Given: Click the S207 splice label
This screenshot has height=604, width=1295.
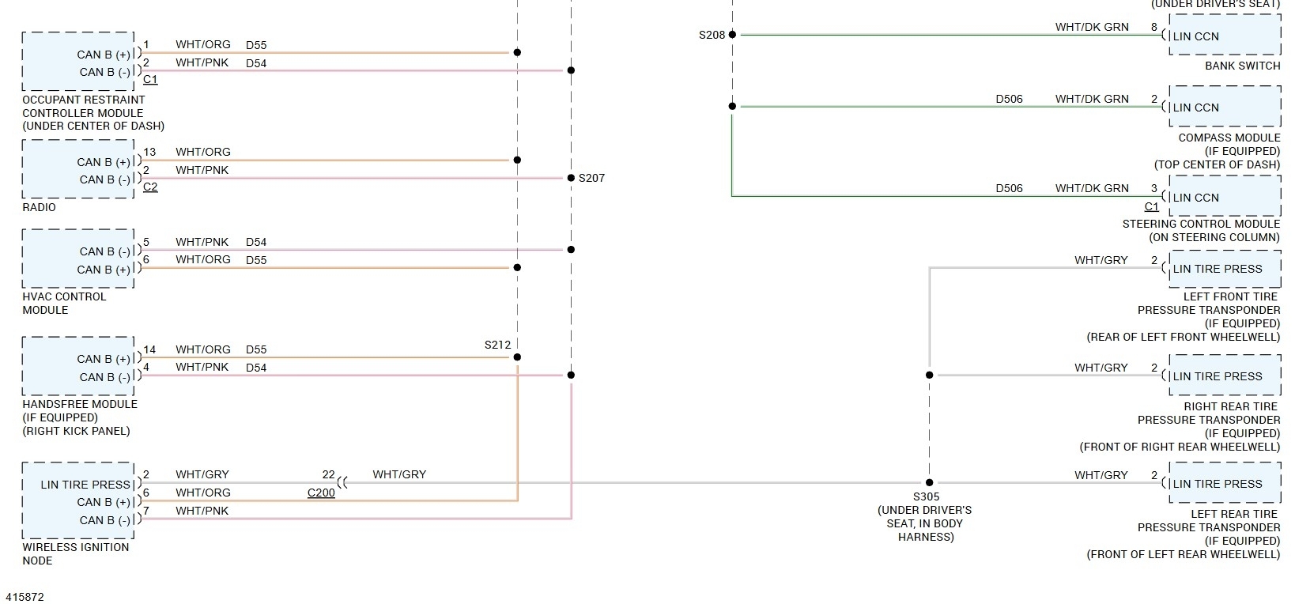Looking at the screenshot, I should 591,178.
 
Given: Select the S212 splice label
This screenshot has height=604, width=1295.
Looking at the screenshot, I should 498,345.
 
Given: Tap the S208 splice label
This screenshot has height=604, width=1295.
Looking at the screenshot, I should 712,35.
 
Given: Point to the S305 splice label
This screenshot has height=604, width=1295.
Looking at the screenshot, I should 927,496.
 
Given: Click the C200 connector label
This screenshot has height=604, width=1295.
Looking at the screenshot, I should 321,493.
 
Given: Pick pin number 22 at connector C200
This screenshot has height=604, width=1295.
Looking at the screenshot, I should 328,474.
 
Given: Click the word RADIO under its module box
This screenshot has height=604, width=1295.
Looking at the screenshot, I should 39,207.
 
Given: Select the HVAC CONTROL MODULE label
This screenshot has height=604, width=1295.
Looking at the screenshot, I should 64,303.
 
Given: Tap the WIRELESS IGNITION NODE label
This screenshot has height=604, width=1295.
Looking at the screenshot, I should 75,553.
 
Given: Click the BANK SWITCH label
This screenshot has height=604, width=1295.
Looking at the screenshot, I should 1242,66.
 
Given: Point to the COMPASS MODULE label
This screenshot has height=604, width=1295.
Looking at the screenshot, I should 1229,138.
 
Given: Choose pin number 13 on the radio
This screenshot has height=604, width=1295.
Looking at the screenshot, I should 149,152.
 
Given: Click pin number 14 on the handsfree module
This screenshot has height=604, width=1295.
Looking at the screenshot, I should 149,349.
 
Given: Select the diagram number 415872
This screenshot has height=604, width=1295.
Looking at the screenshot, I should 25,597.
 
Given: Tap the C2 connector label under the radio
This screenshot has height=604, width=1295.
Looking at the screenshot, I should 150,187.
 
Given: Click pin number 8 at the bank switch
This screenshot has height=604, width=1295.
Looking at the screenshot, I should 1154,28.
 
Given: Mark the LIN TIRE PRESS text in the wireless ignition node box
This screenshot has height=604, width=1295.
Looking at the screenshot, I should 85,485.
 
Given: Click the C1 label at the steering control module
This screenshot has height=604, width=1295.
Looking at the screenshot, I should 1152,206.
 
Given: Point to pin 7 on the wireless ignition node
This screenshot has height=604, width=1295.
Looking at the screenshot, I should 146,511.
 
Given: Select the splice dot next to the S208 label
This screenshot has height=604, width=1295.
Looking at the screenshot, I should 732,35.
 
